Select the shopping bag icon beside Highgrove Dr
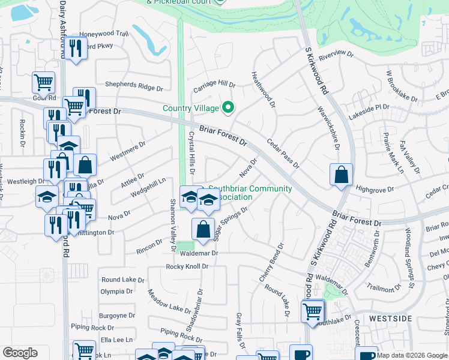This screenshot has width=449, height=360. (341, 175)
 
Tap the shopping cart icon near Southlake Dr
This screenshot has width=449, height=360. (313, 311)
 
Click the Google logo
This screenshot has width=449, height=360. (20, 353)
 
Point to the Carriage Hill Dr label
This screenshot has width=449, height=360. (214, 87)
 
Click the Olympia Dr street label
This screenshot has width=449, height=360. (116, 292)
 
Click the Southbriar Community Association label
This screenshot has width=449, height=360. (250, 193)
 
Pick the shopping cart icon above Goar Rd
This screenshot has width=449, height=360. (43, 83)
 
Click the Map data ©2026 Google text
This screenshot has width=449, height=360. (411, 355)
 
